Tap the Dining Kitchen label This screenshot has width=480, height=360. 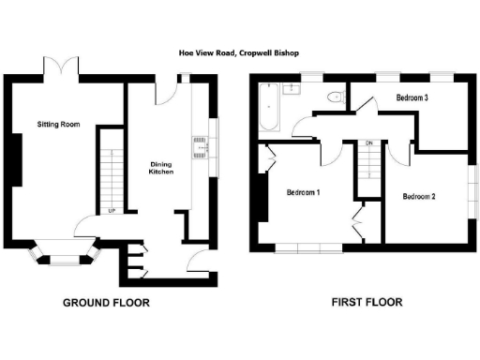tap(161, 169)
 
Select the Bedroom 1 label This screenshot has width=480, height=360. tap(303, 192)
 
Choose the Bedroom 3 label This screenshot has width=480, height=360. tap(412, 97)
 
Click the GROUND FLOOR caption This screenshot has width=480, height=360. tap(106, 303)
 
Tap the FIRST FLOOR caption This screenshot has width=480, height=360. tap(367, 303)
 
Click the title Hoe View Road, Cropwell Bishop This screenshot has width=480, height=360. tap(239, 53)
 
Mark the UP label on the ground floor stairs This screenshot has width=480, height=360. tap(112, 210)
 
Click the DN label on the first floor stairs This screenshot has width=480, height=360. tap(369, 142)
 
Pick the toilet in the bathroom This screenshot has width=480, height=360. tap(333, 97)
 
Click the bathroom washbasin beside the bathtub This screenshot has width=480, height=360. tap(292, 90)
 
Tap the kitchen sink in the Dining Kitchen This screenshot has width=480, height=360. tap(200, 145)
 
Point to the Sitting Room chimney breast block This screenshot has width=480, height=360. tap(16, 165)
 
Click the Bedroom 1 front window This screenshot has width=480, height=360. tap(308, 247)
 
